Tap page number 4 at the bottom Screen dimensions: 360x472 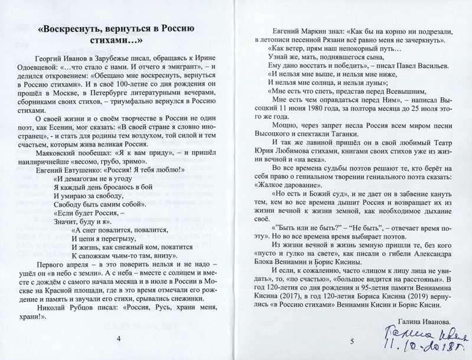click(x=120, y=338)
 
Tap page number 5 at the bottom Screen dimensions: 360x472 click(x=350, y=341)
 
